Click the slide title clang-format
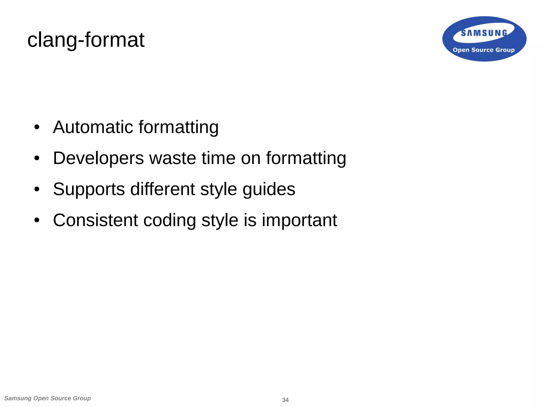[86, 40]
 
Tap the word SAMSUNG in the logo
[484, 33]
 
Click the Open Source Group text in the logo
[484, 50]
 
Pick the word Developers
[98, 158]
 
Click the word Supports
[89, 189]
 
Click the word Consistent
[95, 220]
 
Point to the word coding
[169, 220]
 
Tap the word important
[299, 220]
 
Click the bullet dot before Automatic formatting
[37, 127]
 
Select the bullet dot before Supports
[37, 189]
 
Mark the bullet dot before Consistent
[37, 220]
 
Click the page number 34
[285, 400]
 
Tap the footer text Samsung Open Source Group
[48, 398]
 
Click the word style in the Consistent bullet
[220, 220]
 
